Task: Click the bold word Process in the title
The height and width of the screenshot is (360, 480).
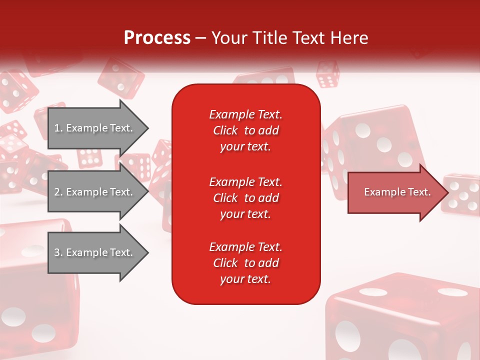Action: click(157, 38)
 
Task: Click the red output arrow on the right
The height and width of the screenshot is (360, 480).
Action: click(395, 192)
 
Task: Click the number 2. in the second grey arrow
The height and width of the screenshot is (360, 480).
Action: click(58, 192)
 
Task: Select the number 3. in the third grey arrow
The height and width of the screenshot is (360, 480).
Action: click(58, 252)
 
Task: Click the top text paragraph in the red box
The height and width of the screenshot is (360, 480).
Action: click(245, 130)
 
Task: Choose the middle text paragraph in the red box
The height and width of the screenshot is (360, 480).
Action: click(245, 198)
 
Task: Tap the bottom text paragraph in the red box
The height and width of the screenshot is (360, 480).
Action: click(245, 263)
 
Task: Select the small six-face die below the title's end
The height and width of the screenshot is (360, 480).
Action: click(328, 75)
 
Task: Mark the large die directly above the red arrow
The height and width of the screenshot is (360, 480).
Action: click(375, 140)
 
